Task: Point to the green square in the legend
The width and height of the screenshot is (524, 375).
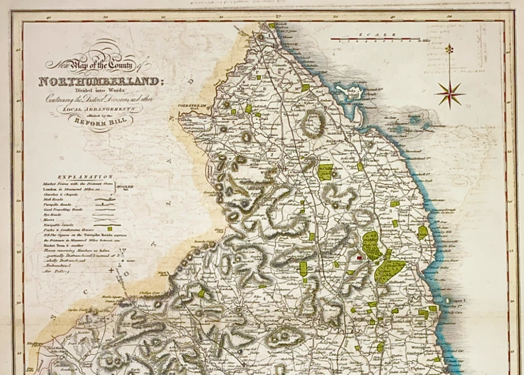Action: (110, 228)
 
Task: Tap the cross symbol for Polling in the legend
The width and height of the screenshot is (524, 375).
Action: (112, 270)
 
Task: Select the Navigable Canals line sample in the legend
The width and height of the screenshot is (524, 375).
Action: (106, 222)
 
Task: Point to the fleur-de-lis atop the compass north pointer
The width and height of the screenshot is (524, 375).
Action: (449, 50)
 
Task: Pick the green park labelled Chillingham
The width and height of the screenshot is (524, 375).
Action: (326, 172)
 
